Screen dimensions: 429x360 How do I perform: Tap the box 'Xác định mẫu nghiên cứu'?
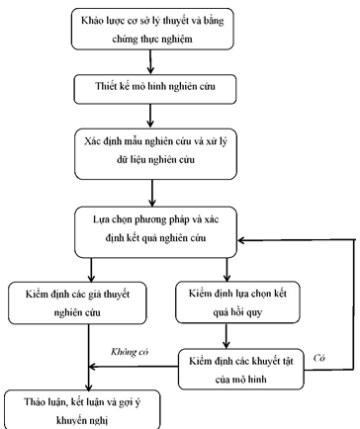point(149,149)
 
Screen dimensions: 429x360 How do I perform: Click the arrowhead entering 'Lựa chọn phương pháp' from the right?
point(245,240)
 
